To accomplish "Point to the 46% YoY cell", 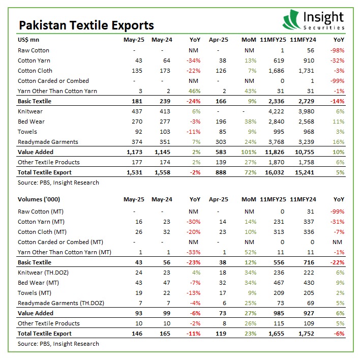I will click(x=193, y=91).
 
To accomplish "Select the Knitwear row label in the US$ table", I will click(x=31, y=111).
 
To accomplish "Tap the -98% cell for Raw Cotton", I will click(x=337, y=50).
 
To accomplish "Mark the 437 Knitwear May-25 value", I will click(x=134, y=111).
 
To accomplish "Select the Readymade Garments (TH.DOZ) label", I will click(x=61, y=303).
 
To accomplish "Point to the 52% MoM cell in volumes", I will click(x=247, y=252).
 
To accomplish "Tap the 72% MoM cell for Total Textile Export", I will click(x=247, y=172).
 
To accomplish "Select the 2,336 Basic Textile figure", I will click(x=275, y=101).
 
